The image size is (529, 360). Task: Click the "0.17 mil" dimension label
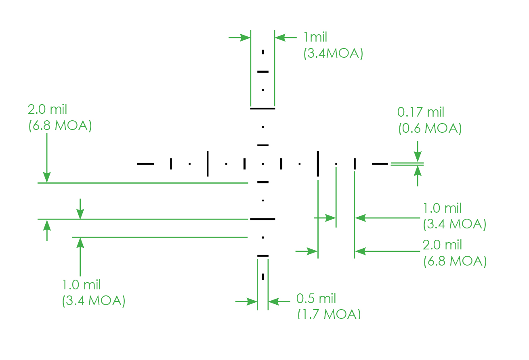421,112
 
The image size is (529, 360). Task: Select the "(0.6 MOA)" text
430,128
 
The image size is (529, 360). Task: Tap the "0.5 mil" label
316,298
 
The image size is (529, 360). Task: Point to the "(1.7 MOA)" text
329,314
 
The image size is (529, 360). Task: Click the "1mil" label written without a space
315,37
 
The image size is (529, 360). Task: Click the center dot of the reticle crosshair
263,164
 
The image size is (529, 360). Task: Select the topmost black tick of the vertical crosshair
263,52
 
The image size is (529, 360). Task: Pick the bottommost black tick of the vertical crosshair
263,277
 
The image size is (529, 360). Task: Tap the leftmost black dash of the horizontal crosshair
145,164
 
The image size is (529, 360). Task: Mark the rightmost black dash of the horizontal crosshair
380,164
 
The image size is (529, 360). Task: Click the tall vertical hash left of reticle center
208,164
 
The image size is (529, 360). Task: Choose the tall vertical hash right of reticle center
318,164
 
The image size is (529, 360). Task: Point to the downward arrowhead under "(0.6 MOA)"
418,157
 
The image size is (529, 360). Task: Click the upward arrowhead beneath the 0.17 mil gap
418,171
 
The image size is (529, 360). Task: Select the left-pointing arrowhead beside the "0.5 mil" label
274,301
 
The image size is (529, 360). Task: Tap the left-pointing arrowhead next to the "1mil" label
280,38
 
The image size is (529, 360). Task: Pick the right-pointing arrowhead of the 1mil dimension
245,38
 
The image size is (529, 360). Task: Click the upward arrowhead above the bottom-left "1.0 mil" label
80,243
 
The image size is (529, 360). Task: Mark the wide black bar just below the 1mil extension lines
262,109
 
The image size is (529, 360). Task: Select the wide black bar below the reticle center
262,219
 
